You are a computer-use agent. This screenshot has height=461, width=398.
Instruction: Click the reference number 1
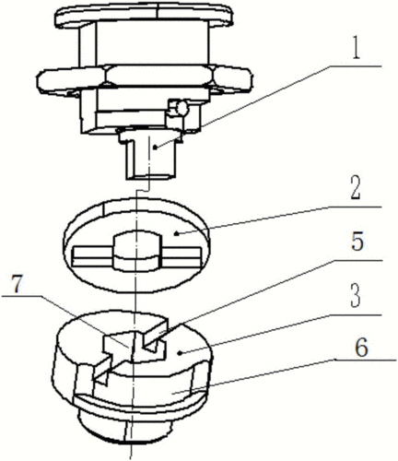click(x=356, y=48)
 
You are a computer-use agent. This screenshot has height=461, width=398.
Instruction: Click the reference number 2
click(x=356, y=187)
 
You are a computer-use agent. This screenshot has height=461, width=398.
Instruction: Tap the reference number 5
click(x=357, y=242)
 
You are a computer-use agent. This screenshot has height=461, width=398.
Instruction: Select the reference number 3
click(x=357, y=296)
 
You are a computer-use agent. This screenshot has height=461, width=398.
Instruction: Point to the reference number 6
click(x=361, y=348)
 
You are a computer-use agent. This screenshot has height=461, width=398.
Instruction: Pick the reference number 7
click(x=17, y=284)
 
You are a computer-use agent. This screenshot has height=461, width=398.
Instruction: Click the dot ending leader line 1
click(x=156, y=148)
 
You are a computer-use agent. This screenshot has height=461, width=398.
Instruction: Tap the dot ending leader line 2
click(x=176, y=234)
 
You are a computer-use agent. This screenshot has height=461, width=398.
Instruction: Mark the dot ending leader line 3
click(x=181, y=353)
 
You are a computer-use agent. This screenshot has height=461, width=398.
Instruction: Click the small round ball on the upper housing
click(x=181, y=107)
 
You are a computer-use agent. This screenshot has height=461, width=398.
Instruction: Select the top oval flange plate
click(x=144, y=15)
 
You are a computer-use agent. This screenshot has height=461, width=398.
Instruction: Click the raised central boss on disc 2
click(x=137, y=252)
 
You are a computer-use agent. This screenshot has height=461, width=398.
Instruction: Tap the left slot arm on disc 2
click(x=92, y=256)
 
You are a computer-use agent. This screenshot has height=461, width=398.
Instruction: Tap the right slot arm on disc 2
click(x=181, y=256)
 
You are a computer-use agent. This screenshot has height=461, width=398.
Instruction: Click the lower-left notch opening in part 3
click(x=101, y=371)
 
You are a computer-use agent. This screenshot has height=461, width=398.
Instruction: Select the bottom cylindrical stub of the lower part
click(x=126, y=426)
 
